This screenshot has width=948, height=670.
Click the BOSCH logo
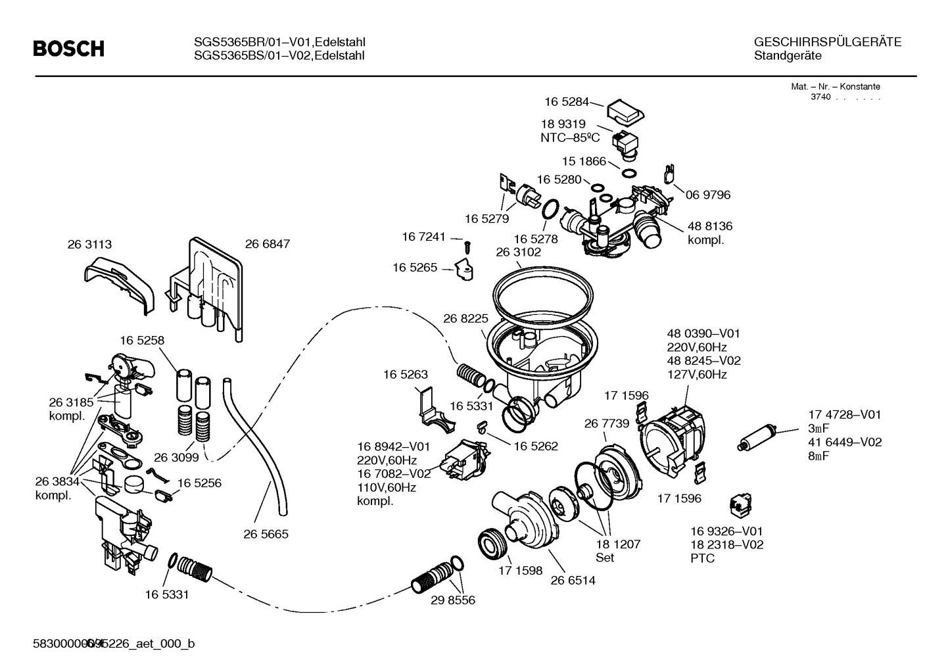pos(68,49)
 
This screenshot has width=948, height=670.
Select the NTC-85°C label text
pos(570,137)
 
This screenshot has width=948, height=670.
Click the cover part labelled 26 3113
pos(122,283)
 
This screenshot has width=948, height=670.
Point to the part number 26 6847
pos(267,244)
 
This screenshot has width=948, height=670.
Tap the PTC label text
pos(702,559)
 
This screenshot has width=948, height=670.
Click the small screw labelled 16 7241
pos(467,246)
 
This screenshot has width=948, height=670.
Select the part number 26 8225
pos(465,318)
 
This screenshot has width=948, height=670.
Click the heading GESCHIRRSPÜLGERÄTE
pos(827,42)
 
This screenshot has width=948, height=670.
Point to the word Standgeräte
pos(788,56)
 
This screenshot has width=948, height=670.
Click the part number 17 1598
pos(521,571)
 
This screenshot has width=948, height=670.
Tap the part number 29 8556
pos(452,600)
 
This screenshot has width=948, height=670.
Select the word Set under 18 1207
pos(604,558)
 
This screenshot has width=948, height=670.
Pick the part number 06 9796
pos(708,195)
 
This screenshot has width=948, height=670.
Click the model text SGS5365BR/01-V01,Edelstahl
pos(279,42)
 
